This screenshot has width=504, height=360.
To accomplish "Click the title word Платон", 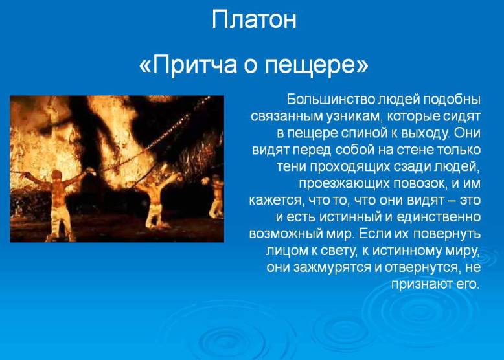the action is [254, 19].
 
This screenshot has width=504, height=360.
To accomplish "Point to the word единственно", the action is [439, 217].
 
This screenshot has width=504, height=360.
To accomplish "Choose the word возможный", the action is [285, 234].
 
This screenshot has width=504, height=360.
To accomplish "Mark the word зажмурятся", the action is [332, 267].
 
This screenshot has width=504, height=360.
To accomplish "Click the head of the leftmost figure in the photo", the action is [56, 175].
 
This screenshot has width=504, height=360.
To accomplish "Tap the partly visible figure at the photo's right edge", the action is [216, 196].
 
